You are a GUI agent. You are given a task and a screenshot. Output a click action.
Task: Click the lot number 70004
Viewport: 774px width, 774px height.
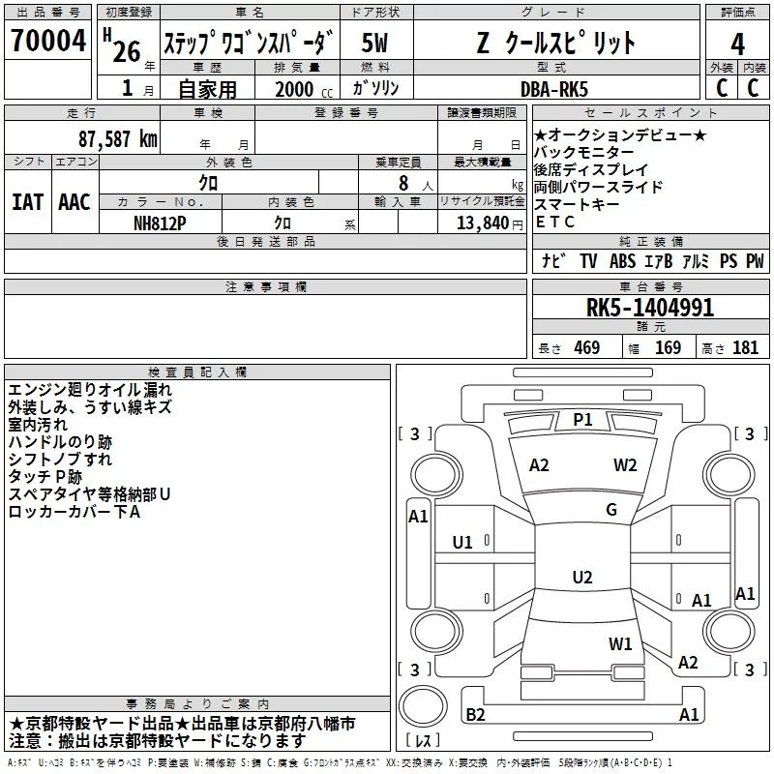coord(48,40)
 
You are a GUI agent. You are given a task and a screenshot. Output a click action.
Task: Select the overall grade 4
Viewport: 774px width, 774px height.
coord(737,45)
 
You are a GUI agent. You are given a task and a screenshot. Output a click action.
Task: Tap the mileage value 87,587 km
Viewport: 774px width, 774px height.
coord(117,139)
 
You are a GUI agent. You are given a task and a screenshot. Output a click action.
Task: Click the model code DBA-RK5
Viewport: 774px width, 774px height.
coord(554,89)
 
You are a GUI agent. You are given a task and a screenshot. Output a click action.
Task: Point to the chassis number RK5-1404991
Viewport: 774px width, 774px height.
coord(650,308)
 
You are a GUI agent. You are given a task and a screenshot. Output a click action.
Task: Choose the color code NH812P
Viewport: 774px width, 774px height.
coord(160,223)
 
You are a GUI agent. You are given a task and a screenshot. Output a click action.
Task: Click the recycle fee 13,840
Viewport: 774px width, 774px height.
coord(482,223)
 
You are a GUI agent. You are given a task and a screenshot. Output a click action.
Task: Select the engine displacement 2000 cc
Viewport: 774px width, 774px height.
coord(304,89)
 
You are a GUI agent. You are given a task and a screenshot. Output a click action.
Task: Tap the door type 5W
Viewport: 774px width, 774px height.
coord(374,43)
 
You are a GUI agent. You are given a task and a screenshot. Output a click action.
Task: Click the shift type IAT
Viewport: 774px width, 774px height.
coord(28,202)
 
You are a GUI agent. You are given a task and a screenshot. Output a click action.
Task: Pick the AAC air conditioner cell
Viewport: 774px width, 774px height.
coord(74,202)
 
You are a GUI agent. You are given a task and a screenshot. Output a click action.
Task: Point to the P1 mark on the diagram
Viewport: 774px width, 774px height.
coord(582,420)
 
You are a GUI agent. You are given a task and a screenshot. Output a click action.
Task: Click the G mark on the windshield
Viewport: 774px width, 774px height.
coord(611,509)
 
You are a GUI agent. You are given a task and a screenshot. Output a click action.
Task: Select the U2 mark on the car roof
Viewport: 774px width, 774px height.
coord(582,577)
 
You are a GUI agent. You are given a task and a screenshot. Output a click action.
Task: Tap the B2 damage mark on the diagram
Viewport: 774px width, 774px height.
coord(475,714)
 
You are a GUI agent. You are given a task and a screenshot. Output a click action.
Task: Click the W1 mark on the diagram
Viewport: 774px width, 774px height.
coord(620,643)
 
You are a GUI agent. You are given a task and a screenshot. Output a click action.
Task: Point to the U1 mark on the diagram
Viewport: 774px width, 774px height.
coord(462,543)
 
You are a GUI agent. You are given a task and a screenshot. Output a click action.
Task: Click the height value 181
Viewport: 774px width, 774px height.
coord(745,347)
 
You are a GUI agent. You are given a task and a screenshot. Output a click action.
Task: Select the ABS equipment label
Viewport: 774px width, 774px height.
coord(622,260)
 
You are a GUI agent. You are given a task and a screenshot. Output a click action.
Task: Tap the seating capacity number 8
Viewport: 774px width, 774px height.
coord(403,183)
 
